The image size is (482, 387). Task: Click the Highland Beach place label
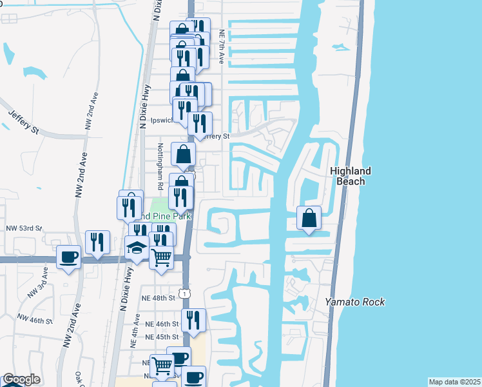[351, 175]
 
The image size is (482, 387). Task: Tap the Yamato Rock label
[354, 302]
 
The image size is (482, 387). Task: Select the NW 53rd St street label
[24, 228]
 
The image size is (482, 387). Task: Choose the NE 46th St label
[161, 324]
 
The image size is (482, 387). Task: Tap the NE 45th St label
[161, 337]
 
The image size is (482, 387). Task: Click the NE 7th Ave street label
[221, 46]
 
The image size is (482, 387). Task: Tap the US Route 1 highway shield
[186, 293]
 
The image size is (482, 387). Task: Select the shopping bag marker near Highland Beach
[309, 218]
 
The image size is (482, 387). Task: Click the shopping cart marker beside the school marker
[162, 257]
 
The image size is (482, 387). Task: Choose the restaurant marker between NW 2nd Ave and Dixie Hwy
[97, 243]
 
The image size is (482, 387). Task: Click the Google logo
[21, 379]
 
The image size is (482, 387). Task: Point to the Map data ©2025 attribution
[454, 382]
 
